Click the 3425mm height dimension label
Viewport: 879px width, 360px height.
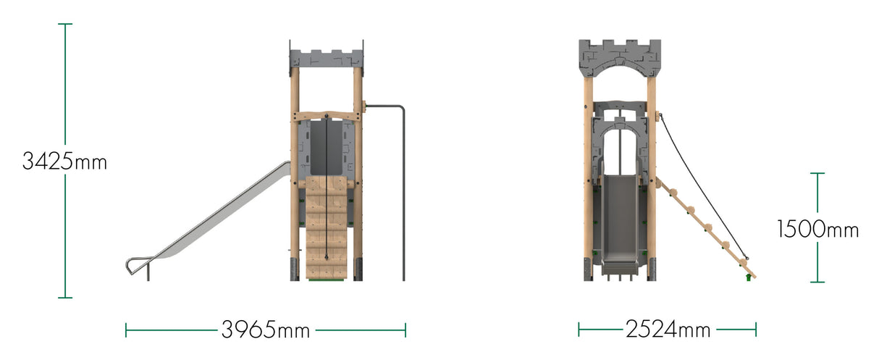pos(64,161)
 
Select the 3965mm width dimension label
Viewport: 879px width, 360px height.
pos(265,330)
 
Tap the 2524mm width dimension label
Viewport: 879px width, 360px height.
pos(667,330)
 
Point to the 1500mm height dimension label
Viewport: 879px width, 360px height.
pos(817,230)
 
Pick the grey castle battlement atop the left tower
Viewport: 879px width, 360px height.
pos(326,58)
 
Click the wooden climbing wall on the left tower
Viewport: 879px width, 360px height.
pos(327,228)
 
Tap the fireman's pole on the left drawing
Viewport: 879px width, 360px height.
pos(403,196)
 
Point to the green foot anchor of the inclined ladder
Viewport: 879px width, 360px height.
pos(748,277)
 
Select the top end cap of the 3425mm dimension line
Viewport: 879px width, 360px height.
pos(65,24)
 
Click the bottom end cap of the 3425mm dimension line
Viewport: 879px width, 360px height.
pos(65,297)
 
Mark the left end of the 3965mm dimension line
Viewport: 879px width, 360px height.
pos(126,330)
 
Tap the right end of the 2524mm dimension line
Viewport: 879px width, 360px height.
pos(755,330)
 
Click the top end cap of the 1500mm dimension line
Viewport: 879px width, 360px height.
pos(817,173)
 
